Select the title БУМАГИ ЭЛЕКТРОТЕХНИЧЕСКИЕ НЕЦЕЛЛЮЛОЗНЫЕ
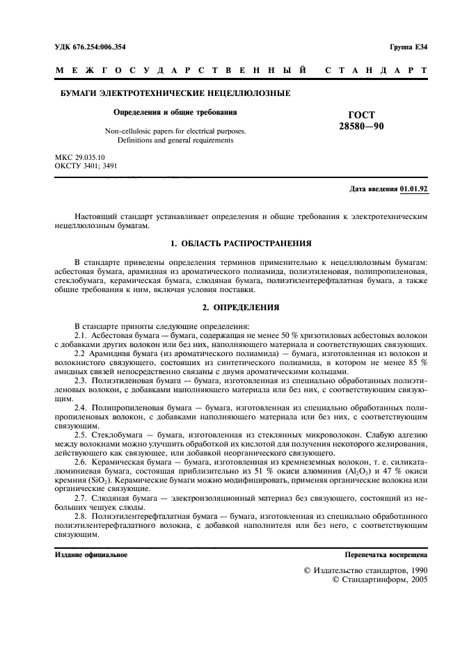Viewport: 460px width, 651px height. pyautogui.click(x=173, y=94)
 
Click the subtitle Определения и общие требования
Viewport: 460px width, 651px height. pyautogui.click(x=175, y=111)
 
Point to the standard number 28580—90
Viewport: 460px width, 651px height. pyautogui.click(x=361, y=126)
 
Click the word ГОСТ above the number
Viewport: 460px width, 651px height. pyautogui.click(x=361, y=115)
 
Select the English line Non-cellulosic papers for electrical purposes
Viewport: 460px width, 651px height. pyautogui.click(x=175, y=130)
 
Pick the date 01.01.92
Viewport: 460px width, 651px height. pyautogui.click(x=414, y=188)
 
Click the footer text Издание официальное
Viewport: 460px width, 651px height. pyautogui.click(x=90, y=555)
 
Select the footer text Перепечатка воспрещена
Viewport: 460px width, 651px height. pyautogui.click(x=386, y=555)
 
